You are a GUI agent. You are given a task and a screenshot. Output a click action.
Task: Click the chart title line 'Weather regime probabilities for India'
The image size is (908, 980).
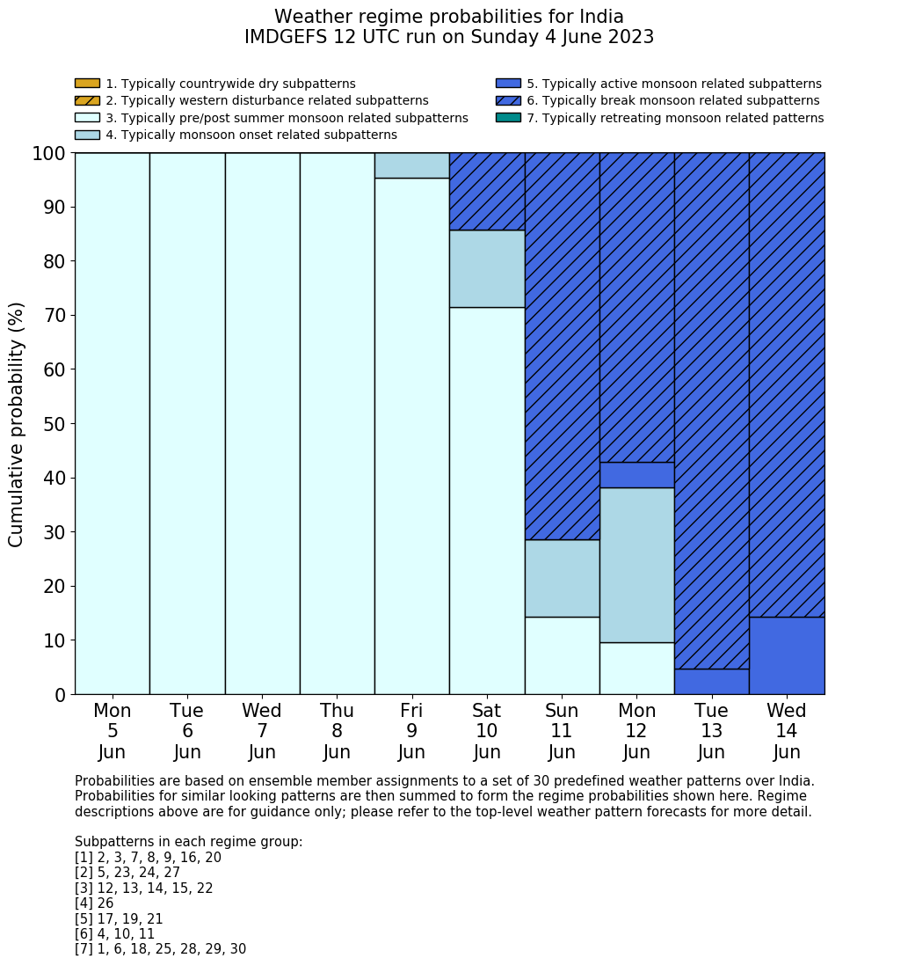point(448,17)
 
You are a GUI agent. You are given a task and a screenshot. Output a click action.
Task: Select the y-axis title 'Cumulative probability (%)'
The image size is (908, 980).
point(17,424)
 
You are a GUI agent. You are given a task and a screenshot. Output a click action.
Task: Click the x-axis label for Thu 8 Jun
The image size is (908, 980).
point(337,731)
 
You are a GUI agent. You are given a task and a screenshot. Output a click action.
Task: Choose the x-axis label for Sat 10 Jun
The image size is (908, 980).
point(486,731)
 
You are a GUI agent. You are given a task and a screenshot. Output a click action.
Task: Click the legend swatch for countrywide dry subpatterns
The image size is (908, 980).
point(87,84)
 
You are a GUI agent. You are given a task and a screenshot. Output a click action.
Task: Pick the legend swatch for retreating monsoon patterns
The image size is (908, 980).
point(508,118)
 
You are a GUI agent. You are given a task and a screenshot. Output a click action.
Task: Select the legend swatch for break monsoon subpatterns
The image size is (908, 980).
point(508,101)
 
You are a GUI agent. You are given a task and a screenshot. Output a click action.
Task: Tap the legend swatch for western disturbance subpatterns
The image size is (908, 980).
point(87,101)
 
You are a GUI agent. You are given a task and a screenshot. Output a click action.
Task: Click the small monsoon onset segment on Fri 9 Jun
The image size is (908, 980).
point(411,165)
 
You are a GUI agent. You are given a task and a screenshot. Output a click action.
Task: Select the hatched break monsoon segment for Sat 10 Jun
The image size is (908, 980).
point(486,191)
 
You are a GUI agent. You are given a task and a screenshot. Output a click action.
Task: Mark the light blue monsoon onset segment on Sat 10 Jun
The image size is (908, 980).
point(486,268)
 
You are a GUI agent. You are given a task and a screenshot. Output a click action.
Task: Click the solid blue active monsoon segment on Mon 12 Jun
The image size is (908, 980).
point(636,475)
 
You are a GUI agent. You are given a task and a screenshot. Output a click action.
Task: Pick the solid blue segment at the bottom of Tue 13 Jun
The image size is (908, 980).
point(711,682)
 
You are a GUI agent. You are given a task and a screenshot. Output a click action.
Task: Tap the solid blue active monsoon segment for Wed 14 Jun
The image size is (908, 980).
point(786,655)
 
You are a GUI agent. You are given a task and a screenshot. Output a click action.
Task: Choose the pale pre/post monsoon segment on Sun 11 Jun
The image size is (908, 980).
point(562,655)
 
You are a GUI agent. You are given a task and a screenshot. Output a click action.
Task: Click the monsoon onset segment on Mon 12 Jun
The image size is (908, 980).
point(636,565)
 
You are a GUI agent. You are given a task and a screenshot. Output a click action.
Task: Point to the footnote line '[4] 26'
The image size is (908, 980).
point(94,903)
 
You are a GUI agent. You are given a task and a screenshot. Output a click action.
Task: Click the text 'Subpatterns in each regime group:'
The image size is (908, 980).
point(188,842)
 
